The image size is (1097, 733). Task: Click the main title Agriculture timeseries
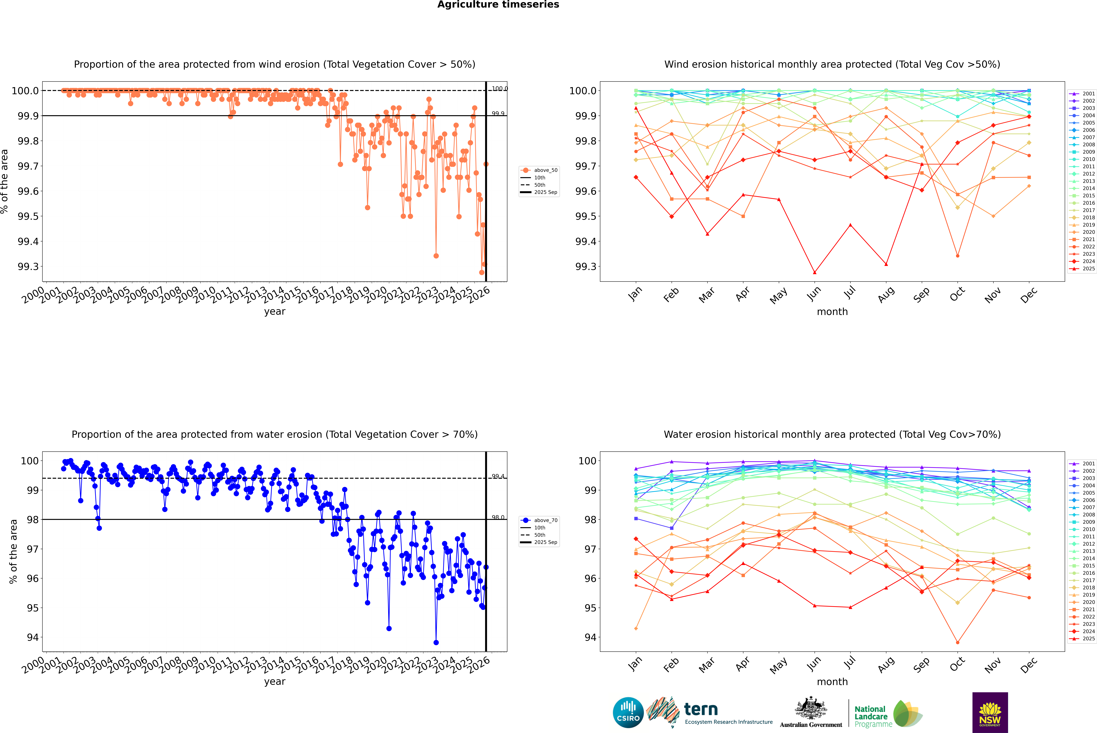pos(498,5)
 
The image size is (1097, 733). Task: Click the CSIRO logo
pos(628,712)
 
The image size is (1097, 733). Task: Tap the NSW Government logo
pos(990,712)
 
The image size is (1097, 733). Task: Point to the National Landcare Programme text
pos(871,716)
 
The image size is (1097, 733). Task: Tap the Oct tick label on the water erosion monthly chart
pos(957,664)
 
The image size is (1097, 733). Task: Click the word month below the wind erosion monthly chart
pos(832,312)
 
